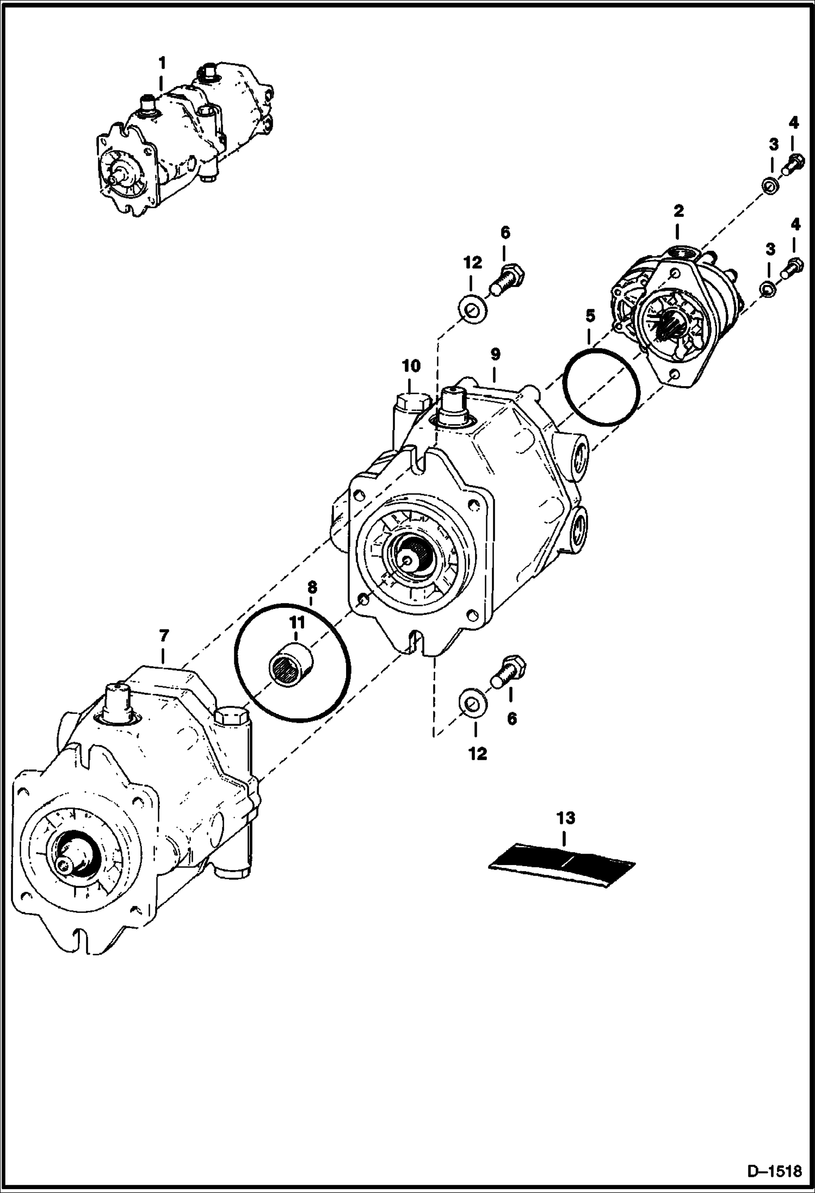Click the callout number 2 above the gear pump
[678, 210]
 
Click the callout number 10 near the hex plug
[411, 366]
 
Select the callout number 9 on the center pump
[495, 355]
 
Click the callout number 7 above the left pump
[163, 635]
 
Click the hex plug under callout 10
[411, 403]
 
